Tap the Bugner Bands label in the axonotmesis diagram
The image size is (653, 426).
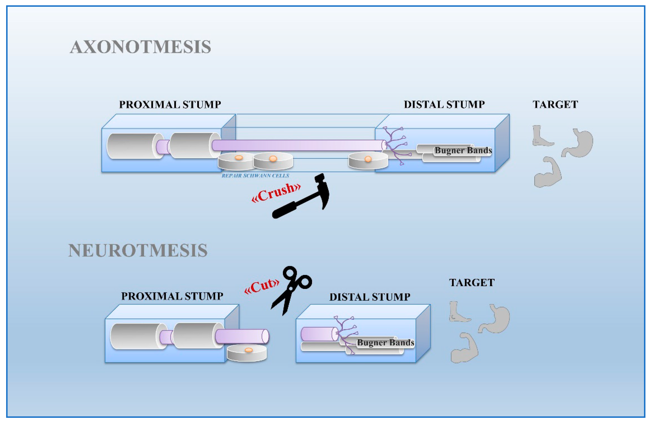coord(463,150)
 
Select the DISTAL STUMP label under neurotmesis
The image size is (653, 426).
coord(370,297)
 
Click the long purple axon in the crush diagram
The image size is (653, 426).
coord(298,145)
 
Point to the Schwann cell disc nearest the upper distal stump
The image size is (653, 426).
coord(368,161)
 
